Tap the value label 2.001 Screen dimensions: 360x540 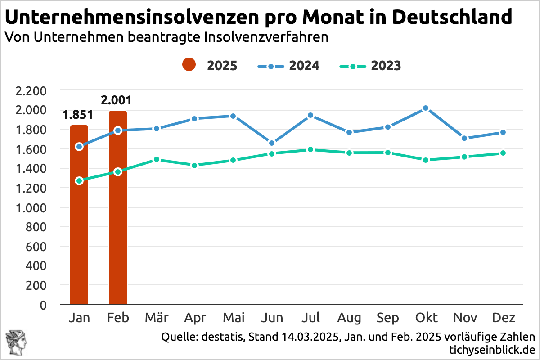(x=117, y=100)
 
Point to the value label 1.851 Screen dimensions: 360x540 (x=78, y=115)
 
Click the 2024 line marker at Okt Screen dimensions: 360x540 (x=426, y=108)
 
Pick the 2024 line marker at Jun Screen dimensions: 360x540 (x=272, y=143)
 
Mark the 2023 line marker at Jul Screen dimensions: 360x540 (x=310, y=149)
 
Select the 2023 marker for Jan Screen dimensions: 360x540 (x=79, y=181)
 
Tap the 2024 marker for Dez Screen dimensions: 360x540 (x=503, y=132)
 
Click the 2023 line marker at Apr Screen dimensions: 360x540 (x=195, y=166)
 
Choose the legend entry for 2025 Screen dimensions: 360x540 (x=210, y=66)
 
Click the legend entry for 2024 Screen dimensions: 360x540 (x=288, y=66)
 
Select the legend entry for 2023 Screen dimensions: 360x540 (x=369, y=66)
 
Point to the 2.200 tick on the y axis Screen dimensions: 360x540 (x=31, y=91)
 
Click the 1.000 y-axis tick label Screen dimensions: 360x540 (x=31, y=208)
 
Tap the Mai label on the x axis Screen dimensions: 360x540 (x=234, y=318)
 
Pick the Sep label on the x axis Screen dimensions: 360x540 (x=387, y=318)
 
